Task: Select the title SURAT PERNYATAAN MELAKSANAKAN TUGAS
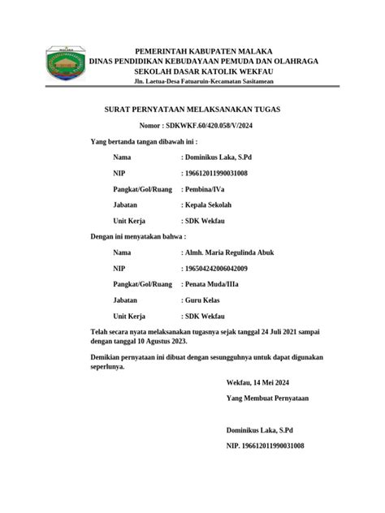(x=192, y=109)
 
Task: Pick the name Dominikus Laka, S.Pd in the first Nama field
(x=218, y=157)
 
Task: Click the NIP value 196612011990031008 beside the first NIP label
(x=215, y=173)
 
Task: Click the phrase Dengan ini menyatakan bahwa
(x=137, y=235)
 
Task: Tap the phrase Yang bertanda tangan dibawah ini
(x=145, y=141)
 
